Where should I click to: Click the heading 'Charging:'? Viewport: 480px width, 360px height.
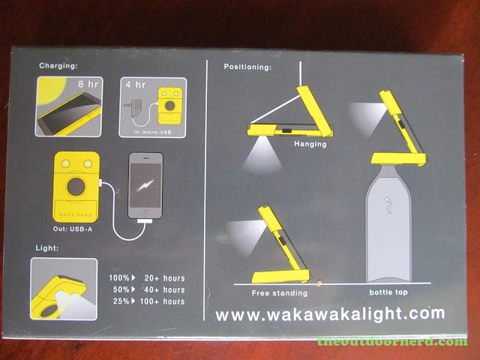(x=58, y=66)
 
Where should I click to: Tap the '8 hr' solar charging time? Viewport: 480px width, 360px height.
(x=88, y=84)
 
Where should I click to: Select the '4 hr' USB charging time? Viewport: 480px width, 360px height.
(x=135, y=85)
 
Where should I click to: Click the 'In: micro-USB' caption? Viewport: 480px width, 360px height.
(x=152, y=132)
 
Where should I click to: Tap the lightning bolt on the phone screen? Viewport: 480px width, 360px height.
(x=145, y=185)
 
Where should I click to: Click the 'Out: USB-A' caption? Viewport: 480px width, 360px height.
(x=73, y=229)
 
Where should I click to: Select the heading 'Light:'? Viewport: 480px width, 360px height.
(x=47, y=247)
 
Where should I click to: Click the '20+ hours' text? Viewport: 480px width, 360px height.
(x=164, y=278)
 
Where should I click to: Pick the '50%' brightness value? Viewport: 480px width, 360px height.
(x=121, y=289)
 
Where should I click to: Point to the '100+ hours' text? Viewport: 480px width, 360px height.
(x=162, y=301)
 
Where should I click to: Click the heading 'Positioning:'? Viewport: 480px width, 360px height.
(x=247, y=67)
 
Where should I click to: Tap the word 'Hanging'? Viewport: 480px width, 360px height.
(x=310, y=144)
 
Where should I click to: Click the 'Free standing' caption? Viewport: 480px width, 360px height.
(x=280, y=293)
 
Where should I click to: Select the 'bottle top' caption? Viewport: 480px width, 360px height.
(x=388, y=292)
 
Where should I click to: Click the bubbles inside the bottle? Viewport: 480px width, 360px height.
(x=388, y=205)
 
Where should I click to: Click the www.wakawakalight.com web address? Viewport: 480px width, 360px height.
(x=330, y=314)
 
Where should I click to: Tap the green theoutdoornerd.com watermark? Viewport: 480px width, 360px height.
(x=392, y=341)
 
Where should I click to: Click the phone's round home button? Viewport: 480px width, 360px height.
(x=145, y=213)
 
